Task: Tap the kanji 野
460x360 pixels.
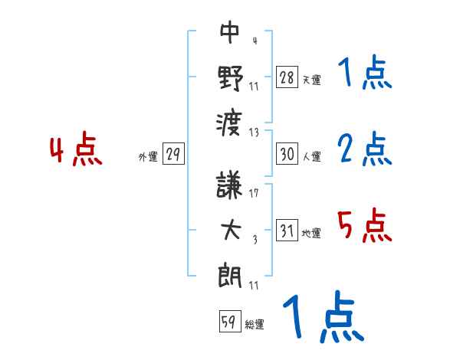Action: coord(230,77)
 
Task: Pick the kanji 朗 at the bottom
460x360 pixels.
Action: coord(230,273)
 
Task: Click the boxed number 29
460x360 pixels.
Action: coord(173,155)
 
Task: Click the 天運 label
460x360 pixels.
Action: coord(312,80)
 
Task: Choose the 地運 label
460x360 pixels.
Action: coord(312,233)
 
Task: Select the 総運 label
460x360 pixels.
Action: coord(255,325)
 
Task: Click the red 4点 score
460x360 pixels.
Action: coord(77,151)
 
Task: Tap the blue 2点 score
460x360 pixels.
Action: coord(364,151)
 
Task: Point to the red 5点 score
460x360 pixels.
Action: coord(364,226)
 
